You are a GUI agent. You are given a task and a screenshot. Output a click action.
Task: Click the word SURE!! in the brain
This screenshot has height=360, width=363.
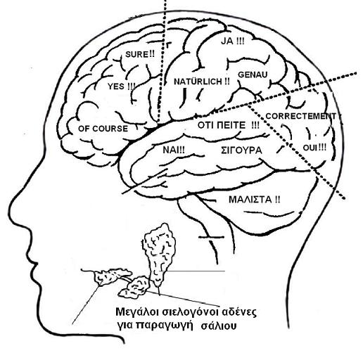[x=140, y=54]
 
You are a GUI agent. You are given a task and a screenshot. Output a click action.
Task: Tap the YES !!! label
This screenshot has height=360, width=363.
[x=122, y=86]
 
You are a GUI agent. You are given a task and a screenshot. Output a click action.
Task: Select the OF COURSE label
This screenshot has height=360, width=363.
[x=103, y=129]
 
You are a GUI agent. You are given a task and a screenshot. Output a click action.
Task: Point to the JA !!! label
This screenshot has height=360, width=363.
[x=232, y=41]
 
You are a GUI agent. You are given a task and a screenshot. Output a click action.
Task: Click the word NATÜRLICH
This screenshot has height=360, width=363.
[x=198, y=82]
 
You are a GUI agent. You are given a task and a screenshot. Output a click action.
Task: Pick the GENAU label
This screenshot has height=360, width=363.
[x=253, y=75]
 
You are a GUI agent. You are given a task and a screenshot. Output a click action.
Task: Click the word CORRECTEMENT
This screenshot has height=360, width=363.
[x=300, y=116]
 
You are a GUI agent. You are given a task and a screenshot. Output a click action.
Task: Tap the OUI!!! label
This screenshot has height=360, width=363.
[x=314, y=148]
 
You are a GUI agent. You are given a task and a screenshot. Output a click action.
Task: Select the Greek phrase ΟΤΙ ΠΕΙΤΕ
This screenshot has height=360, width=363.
[x=222, y=125]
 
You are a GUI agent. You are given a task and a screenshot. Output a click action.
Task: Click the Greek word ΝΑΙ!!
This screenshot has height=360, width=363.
[x=174, y=150]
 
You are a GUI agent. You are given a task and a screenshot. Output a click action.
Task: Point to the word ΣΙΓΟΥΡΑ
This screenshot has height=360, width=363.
[x=241, y=150]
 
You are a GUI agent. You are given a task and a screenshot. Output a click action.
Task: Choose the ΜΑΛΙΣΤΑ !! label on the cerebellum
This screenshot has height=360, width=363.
[x=254, y=200]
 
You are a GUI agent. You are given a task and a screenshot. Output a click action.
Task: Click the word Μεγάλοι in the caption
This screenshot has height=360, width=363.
[x=134, y=312]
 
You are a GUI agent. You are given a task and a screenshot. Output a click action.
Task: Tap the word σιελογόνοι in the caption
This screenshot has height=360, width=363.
[x=187, y=313]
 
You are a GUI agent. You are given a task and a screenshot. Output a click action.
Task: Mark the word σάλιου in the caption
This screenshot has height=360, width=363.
[x=219, y=326]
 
